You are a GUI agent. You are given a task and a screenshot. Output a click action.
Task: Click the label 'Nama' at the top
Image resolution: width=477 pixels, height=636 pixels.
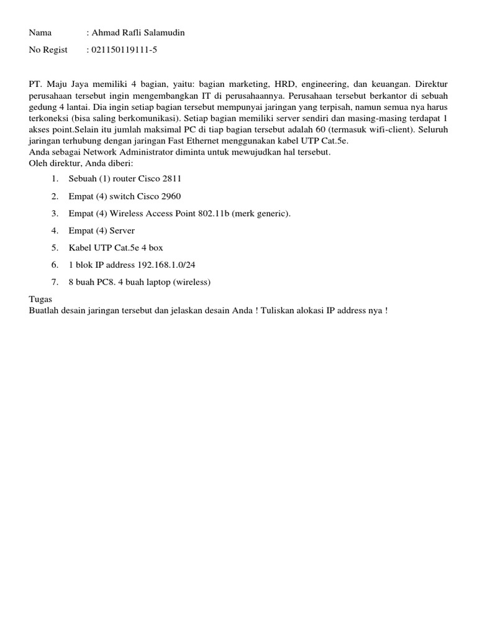40,33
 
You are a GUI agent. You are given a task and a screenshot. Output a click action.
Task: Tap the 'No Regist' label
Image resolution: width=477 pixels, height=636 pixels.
48,50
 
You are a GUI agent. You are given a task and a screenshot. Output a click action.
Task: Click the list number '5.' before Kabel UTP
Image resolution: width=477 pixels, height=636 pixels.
55,247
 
